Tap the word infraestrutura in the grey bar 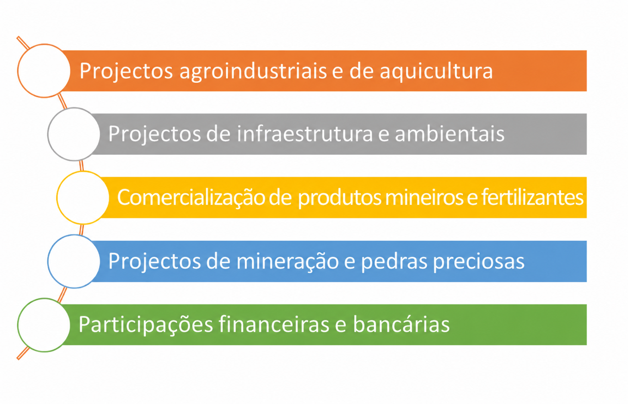click(x=305, y=133)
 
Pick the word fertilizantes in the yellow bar click(x=532, y=197)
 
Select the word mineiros click(x=424, y=197)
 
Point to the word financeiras click(x=274, y=324)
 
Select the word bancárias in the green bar click(x=401, y=324)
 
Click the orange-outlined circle click(x=18, y=71)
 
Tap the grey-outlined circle click(x=48, y=134)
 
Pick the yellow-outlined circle click(x=57, y=198)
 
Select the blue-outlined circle click(x=48, y=261)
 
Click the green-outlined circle click(x=18, y=325)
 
